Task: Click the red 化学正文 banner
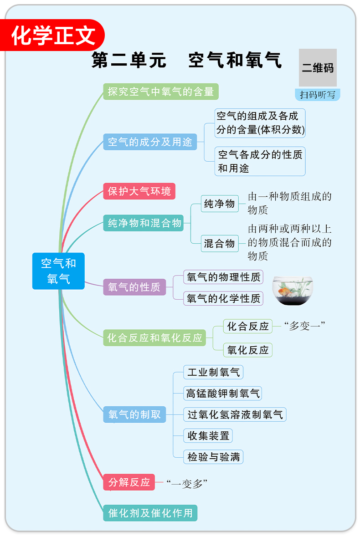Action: click(x=54, y=35)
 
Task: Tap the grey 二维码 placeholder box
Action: click(x=318, y=68)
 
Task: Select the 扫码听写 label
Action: click(x=318, y=95)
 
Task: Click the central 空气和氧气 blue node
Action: click(x=58, y=271)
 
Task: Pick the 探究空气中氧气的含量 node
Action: click(x=161, y=92)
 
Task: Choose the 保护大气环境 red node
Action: click(x=139, y=191)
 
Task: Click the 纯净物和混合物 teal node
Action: click(x=144, y=223)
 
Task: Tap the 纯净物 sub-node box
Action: click(x=219, y=204)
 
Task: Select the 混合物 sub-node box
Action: click(x=219, y=243)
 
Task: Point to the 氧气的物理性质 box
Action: click(x=223, y=277)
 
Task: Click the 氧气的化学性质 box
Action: click(x=223, y=298)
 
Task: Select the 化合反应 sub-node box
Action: click(x=248, y=326)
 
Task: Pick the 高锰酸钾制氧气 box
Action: click(x=222, y=393)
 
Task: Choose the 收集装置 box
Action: click(x=208, y=435)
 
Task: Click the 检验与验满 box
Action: click(x=213, y=457)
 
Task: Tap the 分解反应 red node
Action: click(x=129, y=482)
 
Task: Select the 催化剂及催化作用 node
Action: click(x=150, y=513)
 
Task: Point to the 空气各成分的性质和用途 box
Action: click(x=260, y=161)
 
